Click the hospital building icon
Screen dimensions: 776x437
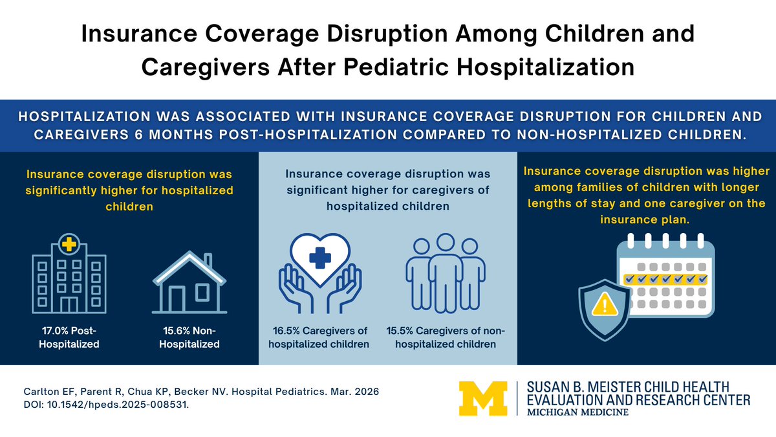[69, 274]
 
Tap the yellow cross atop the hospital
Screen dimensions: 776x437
[69, 244]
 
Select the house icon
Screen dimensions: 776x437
[189, 282]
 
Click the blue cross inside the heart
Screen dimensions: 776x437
[319, 258]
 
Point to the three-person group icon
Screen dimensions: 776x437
[446, 273]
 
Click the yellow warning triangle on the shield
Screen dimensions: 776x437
[605, 304]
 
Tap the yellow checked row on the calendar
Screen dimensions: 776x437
[665, 279]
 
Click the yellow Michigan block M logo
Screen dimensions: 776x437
[483, 399]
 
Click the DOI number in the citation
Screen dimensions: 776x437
[118, 405]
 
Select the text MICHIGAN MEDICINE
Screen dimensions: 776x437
[577, 412]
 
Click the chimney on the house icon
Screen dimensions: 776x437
[208, 261]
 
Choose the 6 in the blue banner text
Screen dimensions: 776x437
[138, 135]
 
